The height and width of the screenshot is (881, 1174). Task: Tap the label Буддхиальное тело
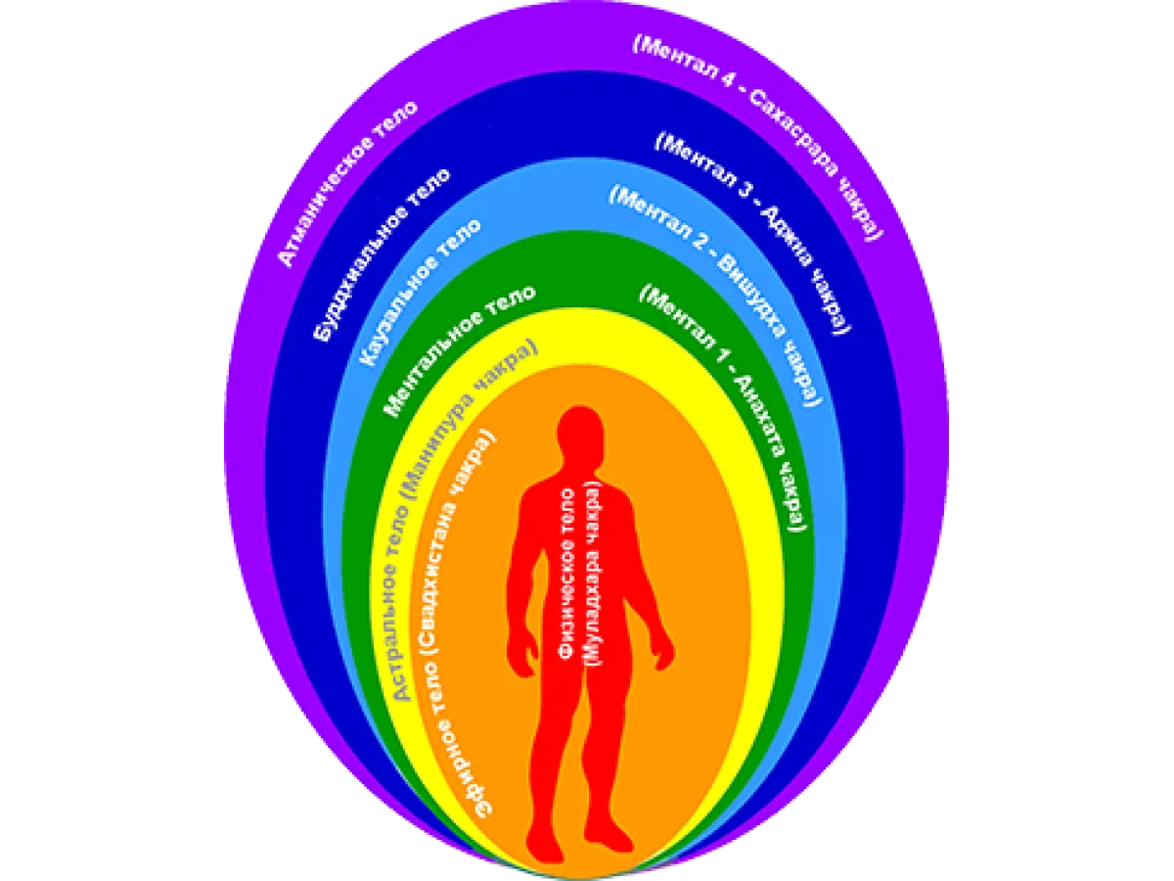click(x=382, y=255)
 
